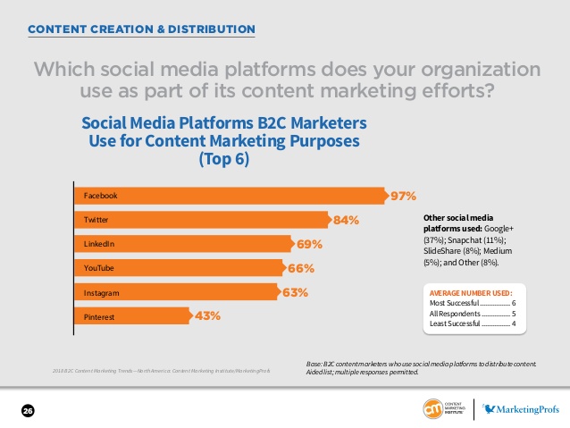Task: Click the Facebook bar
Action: coord(228,196)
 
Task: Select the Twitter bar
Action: coord(200,220)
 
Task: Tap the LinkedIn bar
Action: coord(182,244)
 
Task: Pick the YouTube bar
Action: coord(178,268)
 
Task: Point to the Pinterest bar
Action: coord(131,315)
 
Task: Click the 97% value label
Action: coord(402,196)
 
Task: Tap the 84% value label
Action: coord(346,220)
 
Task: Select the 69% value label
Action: coord(309,244)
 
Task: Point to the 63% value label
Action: coord(296,292)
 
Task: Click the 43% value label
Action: coord(207,315)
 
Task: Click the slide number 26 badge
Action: coord(28,410)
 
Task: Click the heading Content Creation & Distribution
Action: coord(141,29)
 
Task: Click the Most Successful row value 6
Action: coord(514,303)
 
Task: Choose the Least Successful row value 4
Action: coord(514,324)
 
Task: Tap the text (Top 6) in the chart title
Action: coord(223,159)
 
